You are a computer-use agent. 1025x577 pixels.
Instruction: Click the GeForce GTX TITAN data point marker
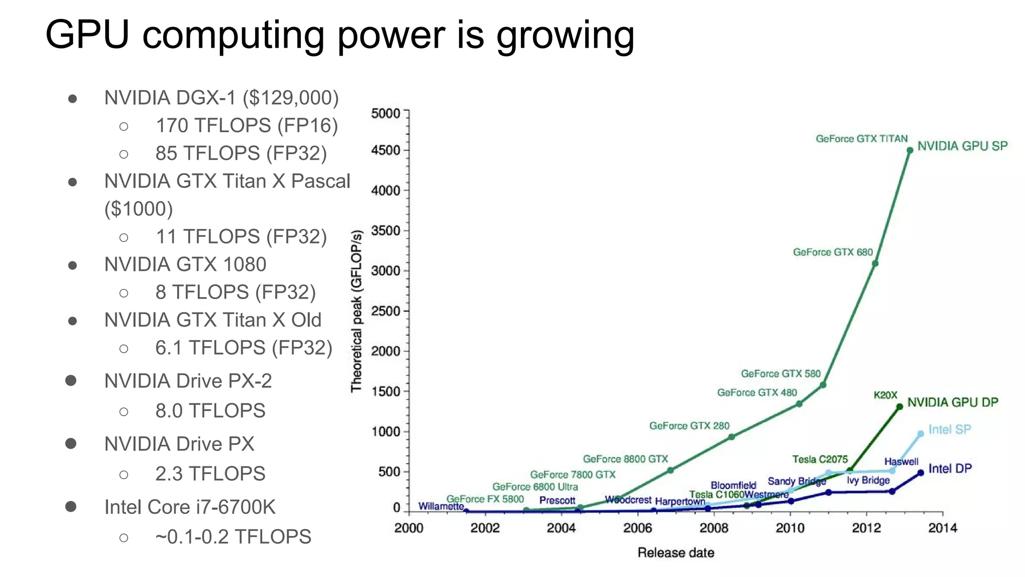(910, 150)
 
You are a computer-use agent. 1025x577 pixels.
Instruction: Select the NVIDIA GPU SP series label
(962, 146)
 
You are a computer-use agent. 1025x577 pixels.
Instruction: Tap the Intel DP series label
(950, 468)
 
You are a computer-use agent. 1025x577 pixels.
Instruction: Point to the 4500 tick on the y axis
(386, 150)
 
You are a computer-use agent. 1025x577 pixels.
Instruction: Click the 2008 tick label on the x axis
(714, 528)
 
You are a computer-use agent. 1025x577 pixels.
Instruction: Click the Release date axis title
(676, 552)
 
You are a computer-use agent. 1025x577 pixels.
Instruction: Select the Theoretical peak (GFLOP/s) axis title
(356, 311)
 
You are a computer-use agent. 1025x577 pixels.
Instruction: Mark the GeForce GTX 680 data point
(875, 263)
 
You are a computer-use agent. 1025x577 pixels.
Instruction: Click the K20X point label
(885, 395)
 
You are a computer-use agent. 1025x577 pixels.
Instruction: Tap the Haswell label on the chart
(901, 461)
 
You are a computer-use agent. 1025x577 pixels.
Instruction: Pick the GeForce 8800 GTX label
(625, 459)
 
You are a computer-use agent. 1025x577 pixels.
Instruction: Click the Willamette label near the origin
(441, 506)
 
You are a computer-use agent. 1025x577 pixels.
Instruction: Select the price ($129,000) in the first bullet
(290, 98)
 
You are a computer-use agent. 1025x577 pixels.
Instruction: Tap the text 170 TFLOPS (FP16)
(247, 125)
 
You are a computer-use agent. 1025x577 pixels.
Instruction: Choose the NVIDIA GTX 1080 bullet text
(185, 264)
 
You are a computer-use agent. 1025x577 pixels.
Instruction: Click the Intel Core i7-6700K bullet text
(190, 507)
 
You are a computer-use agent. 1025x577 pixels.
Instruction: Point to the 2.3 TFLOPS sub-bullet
(210, 473)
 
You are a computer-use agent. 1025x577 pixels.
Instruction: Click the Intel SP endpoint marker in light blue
(920, 434)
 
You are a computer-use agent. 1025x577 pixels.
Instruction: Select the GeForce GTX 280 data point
(731, 437)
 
